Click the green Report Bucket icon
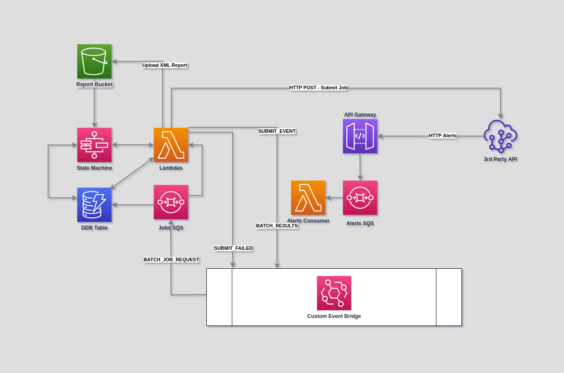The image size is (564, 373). [94, 61]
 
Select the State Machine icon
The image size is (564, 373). [94, 145]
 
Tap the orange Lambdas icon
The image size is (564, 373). [171, 145]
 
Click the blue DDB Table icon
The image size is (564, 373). [94, 205]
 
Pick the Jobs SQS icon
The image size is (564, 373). [171, 202]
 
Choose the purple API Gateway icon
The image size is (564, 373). [360, 136]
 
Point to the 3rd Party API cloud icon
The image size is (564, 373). [500, 136]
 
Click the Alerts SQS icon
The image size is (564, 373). [360, 197]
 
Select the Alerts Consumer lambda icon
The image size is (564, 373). [308, 197]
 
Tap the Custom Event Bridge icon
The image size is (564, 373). [334, 293]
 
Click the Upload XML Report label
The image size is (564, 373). [165, 65]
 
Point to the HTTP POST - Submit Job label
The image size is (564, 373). [318, 88]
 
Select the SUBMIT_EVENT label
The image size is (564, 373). [277, 131]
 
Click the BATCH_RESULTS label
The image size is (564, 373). [277, 226]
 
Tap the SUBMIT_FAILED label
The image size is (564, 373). [233, 248]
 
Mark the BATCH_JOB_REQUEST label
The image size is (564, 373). [171, 260]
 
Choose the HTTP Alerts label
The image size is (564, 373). [443, 135]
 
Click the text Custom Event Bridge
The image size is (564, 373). [334, 316]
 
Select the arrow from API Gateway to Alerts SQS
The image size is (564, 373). [360, 167]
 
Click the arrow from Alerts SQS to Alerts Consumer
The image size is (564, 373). [334, 198]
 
